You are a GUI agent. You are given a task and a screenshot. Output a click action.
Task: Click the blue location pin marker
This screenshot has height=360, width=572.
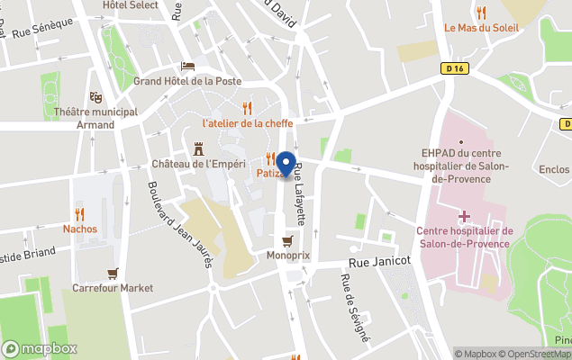[x=286, y=164]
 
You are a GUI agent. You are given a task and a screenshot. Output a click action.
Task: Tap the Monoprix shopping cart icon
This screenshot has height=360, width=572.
[x=287, y=241]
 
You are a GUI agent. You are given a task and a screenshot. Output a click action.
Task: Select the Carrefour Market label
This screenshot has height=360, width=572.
[x=113, y=288]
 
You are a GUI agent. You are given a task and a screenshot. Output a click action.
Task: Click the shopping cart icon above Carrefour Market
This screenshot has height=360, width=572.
[x=113, y=274]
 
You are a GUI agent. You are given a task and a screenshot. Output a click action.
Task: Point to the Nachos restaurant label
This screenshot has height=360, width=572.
[x=80, y=229]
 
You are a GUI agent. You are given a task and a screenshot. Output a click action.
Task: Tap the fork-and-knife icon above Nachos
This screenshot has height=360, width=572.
[x=80, y=214]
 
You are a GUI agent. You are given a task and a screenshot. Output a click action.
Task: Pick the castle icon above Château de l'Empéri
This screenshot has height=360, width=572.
[x=199, y=149]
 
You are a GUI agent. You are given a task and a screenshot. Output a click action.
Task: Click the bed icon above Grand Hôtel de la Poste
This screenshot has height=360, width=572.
[x=186, y=66]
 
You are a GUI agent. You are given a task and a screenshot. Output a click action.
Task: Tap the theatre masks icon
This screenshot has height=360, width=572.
[x=96, y=97]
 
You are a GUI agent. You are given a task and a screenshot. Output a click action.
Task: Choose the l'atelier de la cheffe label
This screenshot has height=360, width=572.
[x=246, y=122]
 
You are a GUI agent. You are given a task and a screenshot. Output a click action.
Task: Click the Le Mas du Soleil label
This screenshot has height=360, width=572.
[x=482, y=27]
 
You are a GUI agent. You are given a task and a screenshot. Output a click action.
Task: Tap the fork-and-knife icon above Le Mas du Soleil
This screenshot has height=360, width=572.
[x=482, y=13]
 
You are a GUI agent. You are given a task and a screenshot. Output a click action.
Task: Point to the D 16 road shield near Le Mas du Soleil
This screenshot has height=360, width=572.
[x=454, y=67]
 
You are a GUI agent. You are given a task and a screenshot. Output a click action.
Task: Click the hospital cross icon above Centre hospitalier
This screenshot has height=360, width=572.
[x=464, y=217]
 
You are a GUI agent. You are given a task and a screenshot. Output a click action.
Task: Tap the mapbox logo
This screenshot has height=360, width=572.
[x=40, y=348]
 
